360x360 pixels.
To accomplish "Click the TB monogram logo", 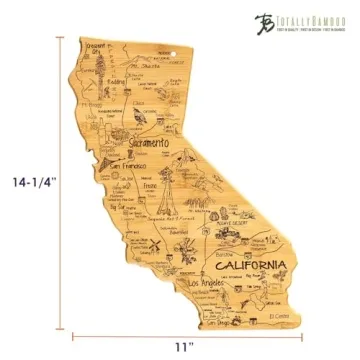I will click(263, 20).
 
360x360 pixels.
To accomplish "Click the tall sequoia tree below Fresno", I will click(160, 203).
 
